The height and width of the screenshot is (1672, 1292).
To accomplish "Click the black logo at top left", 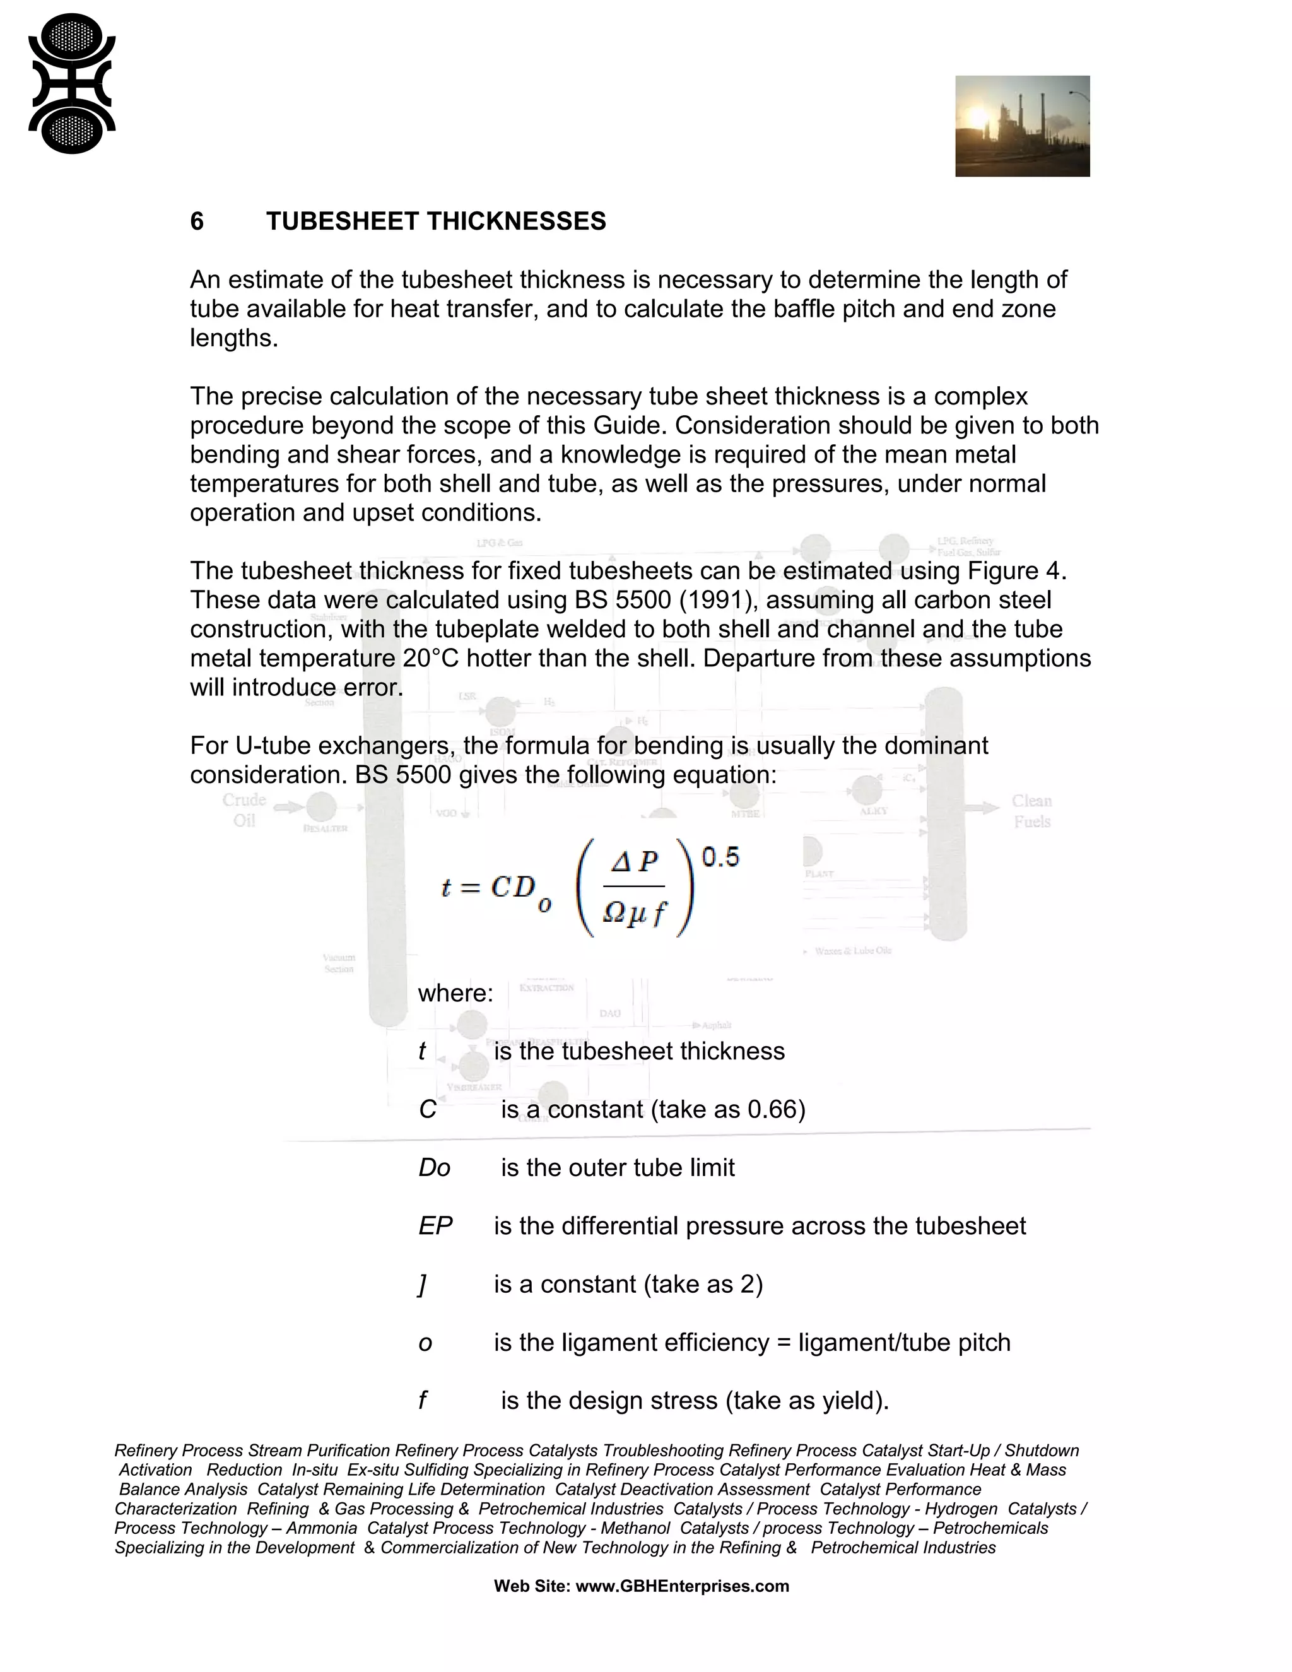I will (71, 83).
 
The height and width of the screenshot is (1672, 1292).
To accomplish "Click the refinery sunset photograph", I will (1022, 126).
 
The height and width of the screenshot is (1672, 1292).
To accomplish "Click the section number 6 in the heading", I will (197, 221).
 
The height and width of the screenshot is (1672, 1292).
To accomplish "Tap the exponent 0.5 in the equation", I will (720, 857).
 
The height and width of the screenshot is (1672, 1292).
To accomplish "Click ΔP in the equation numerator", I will (635, 862).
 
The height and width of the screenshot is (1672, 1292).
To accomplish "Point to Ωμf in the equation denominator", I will (635, 912).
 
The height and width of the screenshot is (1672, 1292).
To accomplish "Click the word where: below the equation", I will (455, 994).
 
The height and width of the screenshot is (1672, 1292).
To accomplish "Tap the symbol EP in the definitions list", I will (435, 1226).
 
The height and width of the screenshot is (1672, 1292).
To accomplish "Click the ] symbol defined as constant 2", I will (422, 1284).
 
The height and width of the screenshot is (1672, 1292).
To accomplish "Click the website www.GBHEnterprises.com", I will (682, 1586).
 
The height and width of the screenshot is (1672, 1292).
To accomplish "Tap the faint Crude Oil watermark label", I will (244, 810).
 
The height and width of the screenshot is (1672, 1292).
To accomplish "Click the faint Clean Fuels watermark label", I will (1031, 811).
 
